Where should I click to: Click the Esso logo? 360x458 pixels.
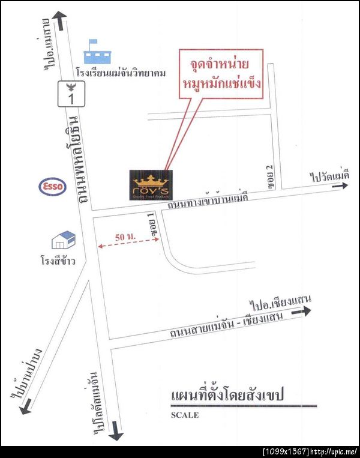(x=52, y=187)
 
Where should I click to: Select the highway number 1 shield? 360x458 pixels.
(x=69, y=94)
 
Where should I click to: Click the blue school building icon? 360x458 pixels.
(x=97, y=53)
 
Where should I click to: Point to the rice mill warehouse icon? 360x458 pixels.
(x=64, y=240)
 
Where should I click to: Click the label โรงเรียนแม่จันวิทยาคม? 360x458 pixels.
(x=121, y=73)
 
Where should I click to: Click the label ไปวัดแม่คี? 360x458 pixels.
(x=329, y=175)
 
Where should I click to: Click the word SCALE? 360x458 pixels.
(x=184, y=415)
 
